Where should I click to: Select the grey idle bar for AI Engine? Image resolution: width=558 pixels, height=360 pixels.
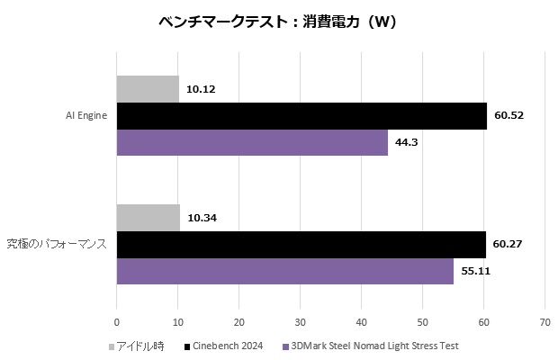[148, 89]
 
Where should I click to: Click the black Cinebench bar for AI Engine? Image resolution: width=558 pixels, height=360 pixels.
[301, 116]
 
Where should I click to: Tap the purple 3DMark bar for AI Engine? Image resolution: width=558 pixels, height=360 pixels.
[252, 142]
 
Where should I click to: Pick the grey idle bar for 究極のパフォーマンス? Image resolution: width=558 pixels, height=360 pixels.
[148, 218]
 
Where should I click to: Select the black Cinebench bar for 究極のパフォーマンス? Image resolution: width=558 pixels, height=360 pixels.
[301, 244]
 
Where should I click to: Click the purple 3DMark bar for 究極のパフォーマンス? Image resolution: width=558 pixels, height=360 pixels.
[285, 270]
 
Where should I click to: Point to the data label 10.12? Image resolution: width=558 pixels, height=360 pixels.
[201, 89]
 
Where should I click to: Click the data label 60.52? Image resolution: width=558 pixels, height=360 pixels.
[508, 116]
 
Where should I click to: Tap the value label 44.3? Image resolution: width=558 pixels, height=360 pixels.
[406, 142]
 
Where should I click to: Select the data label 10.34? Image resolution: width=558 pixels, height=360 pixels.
[202, 218]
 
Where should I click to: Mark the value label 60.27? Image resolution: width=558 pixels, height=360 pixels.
[508, 244]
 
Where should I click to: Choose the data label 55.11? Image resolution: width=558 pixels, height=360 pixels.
[475, 270]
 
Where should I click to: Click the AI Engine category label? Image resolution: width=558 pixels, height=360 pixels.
[86, 116]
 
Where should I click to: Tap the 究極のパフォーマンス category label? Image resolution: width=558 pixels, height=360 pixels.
[57, 244]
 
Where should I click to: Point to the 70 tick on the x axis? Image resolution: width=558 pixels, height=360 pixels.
[544, 321]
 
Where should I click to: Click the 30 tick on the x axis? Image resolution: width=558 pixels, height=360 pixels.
[300, 321]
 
